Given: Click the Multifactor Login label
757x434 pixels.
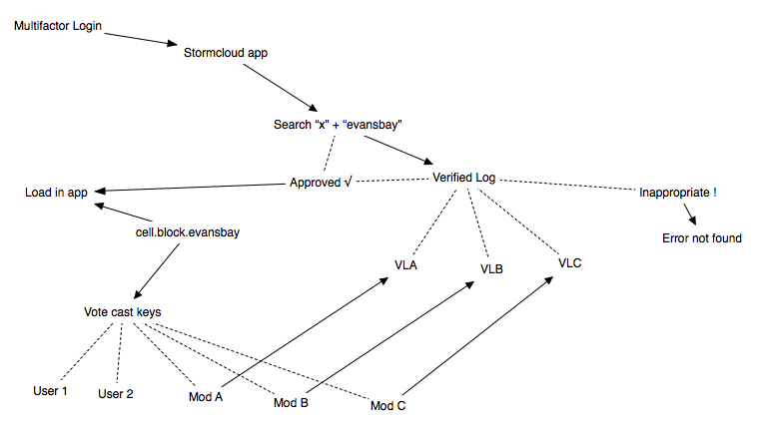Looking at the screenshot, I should click(56, 24).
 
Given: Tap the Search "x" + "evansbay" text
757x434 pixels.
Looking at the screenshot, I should click(338, 125).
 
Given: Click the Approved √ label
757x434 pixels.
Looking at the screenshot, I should click(322, 183).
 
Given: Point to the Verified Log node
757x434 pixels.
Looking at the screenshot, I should click(463, 178).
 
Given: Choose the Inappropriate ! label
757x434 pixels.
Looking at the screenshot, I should click(678, 191).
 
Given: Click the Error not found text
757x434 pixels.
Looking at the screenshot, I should click(702, 238).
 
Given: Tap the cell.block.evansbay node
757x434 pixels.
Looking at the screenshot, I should click(188, 232).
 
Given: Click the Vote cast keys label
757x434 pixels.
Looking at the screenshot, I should click(122, 312).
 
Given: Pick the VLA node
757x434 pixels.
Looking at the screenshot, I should click(406, 266).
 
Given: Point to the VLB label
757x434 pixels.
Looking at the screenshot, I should click(491, 269).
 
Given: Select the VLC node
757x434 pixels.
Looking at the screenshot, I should click(570, 262).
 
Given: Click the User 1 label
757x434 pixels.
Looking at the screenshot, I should click(50, 390).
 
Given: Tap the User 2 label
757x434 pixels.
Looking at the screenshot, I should click(116, 393).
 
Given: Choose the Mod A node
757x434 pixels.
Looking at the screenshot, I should click(207, 396).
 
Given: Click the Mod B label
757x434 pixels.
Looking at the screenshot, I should click(291, 403).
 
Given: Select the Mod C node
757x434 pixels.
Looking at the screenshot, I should click(387, 406).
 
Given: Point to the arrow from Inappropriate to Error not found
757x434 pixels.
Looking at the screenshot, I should click(690, 215).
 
